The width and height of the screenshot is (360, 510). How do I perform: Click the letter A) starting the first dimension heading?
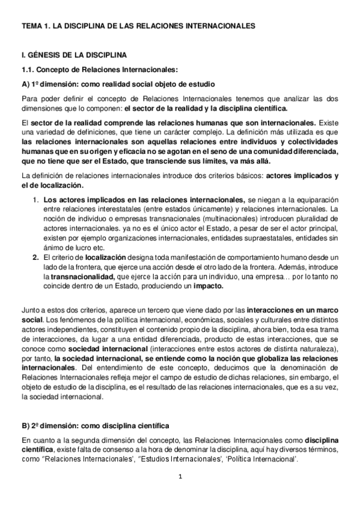pos(26,84)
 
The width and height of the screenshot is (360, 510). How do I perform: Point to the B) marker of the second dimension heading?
pos(26,426)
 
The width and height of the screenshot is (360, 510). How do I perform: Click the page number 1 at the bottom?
pos(180,478)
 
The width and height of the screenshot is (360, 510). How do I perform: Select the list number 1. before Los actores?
pos(36,199)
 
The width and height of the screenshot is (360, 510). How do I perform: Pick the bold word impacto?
pos(206,286)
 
